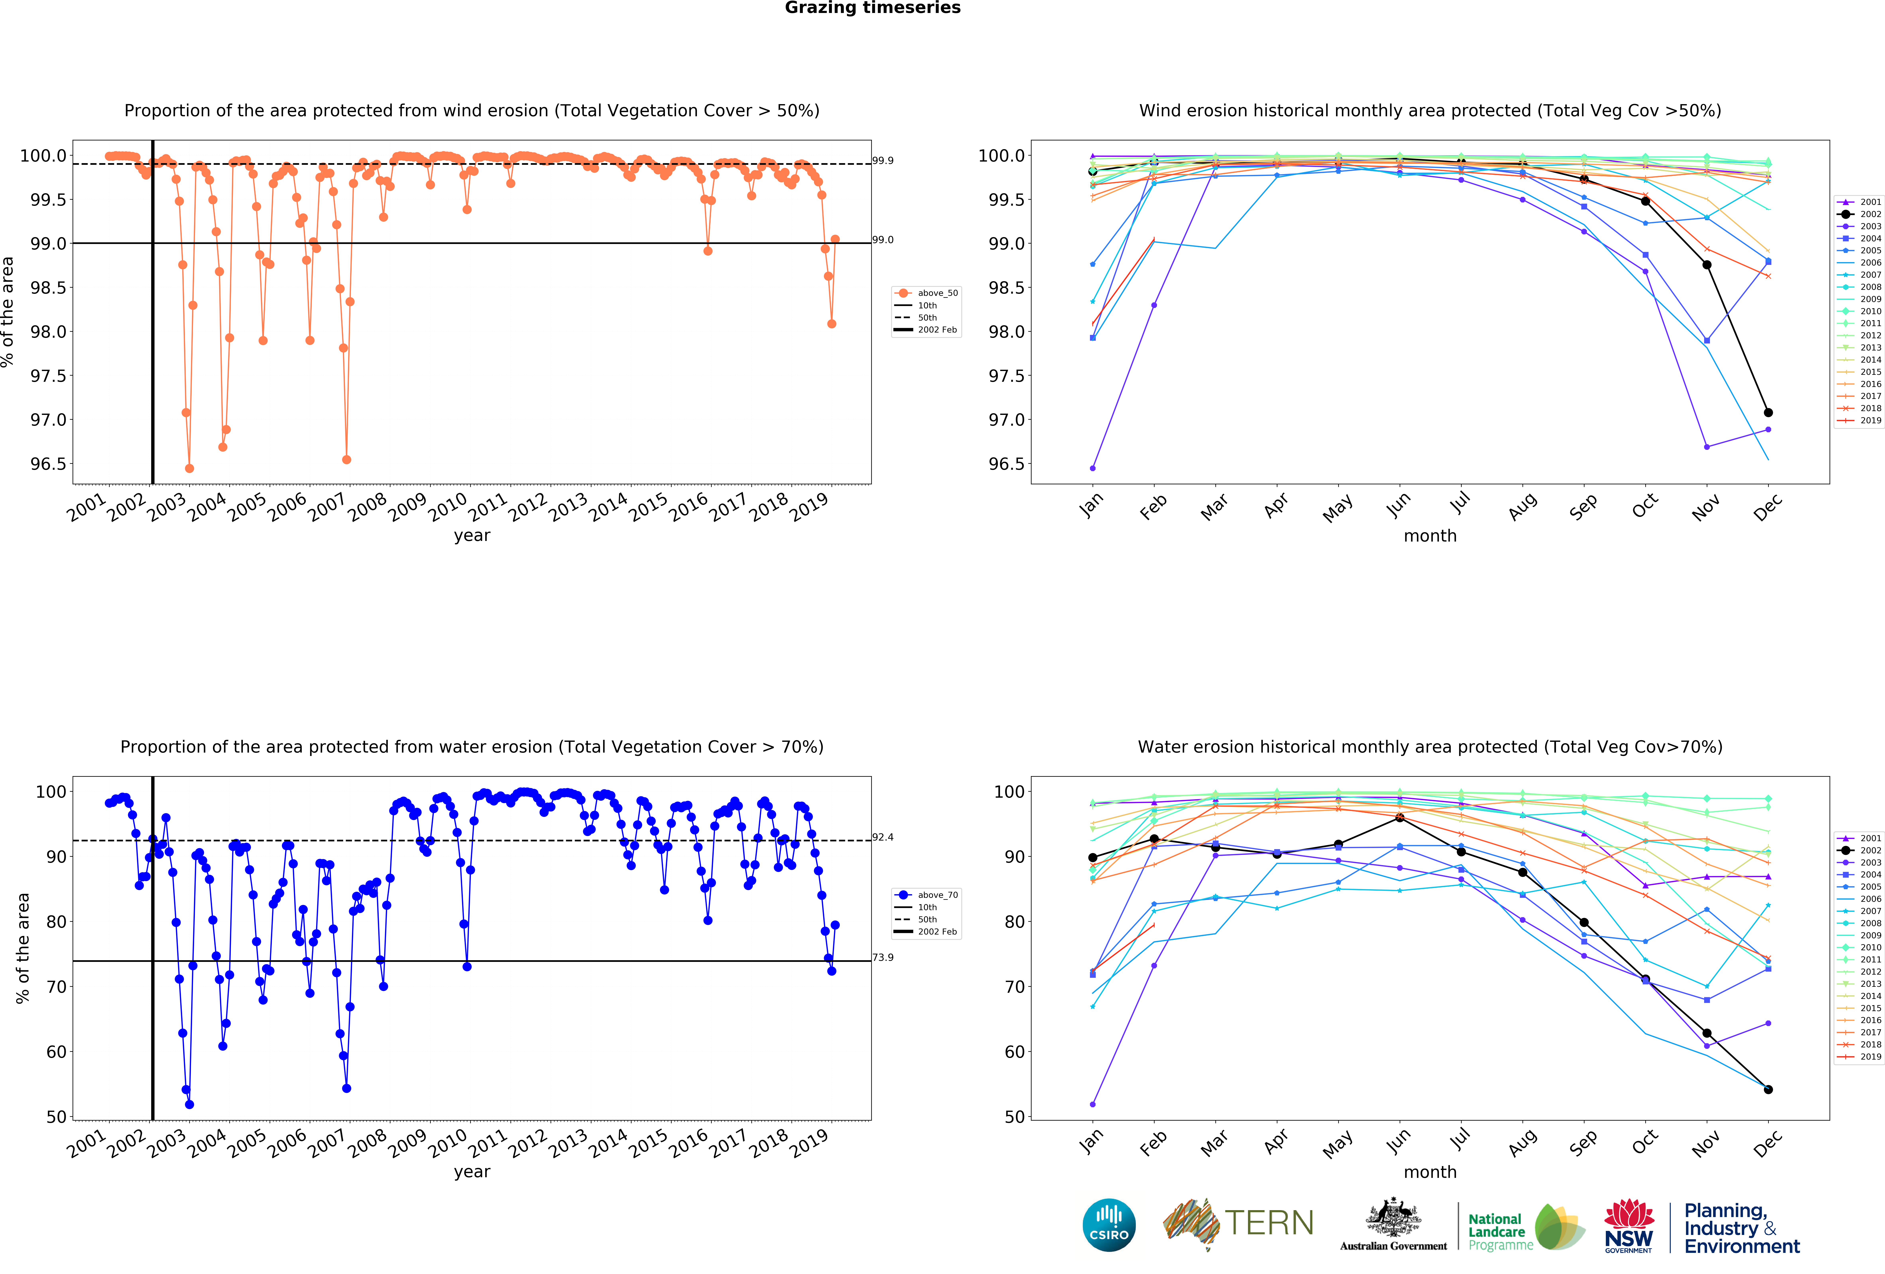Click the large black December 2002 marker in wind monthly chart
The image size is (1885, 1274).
(x=1768, y=412)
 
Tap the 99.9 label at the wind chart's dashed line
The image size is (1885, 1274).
(x=883, y=161)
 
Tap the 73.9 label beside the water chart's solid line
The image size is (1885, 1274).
(x=883, y=957)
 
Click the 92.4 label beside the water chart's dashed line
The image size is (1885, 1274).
(x=883, y=837)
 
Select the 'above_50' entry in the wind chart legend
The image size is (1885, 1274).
(x=937, y=293)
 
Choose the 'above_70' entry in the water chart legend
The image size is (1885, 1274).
(x=937, y=895)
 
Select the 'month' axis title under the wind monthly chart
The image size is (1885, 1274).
(x=1430, y=536)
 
